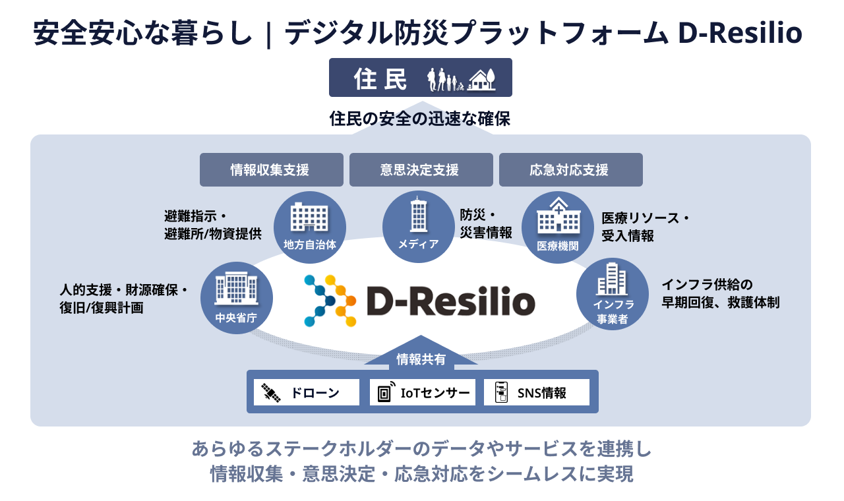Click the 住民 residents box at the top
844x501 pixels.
pos(420,77)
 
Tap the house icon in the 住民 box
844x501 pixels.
pos(481,80)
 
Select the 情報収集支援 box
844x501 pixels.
pos(271,170)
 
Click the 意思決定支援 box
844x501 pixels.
pos(421,170)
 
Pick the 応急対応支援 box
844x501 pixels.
pos(570,170)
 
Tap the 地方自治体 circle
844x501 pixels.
pos(310,225)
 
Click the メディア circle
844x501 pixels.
pos(418,225)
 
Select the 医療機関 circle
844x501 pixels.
pos(558,227)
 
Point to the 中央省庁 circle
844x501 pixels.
pos(236,298)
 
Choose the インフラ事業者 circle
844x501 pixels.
pos(613,294)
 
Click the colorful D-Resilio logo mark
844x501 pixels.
pos(330,301)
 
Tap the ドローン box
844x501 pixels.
pos(307,393)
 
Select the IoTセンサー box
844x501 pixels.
pos(423,393)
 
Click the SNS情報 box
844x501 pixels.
pos(535,393)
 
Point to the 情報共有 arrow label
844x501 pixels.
pos(421,359)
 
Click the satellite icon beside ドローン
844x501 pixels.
pos(270,393)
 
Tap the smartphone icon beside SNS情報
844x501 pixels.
pos(502,393)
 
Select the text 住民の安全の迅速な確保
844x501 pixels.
pos(420,119)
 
